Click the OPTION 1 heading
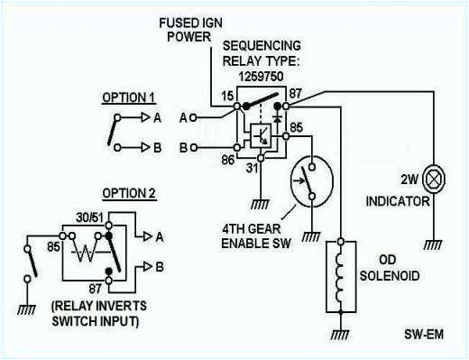[128, 97]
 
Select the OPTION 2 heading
[128, 192]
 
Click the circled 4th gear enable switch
[310, 179]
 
